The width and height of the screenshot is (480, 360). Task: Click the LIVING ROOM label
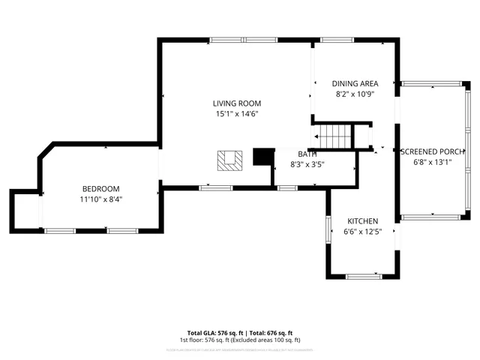coord(236,103)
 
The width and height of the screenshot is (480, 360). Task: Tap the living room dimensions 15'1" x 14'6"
coord(236,114)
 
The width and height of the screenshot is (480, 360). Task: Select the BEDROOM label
coord(100,189)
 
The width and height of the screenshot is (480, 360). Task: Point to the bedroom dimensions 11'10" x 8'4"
coord(100,199)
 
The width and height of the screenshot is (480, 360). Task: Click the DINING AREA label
coord(355,83)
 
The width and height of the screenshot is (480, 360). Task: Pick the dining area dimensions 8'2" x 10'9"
coord(355,94)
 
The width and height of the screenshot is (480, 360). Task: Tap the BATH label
coord(307,154)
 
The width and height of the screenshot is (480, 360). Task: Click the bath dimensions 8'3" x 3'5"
coord(307,163)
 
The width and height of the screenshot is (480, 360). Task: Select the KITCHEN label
coord(362,221)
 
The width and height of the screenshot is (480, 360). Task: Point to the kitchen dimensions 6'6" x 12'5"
coord(362,232)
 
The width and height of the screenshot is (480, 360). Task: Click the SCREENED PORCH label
coord(433,151)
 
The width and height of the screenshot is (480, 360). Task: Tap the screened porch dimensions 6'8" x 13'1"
coord(433,162)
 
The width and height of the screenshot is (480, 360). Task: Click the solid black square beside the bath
coord(263,156)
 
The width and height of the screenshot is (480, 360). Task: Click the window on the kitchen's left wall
coord(328,229)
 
